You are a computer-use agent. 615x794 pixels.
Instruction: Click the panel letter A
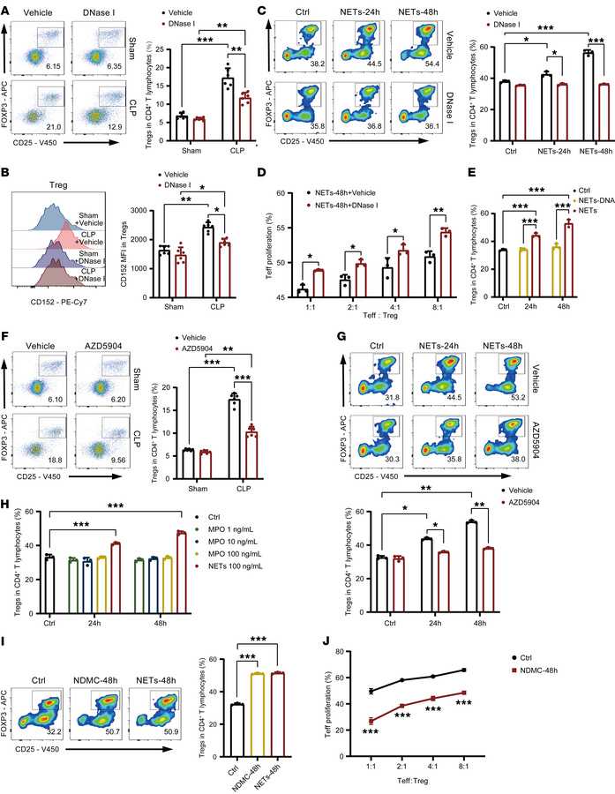click(6, 8)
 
